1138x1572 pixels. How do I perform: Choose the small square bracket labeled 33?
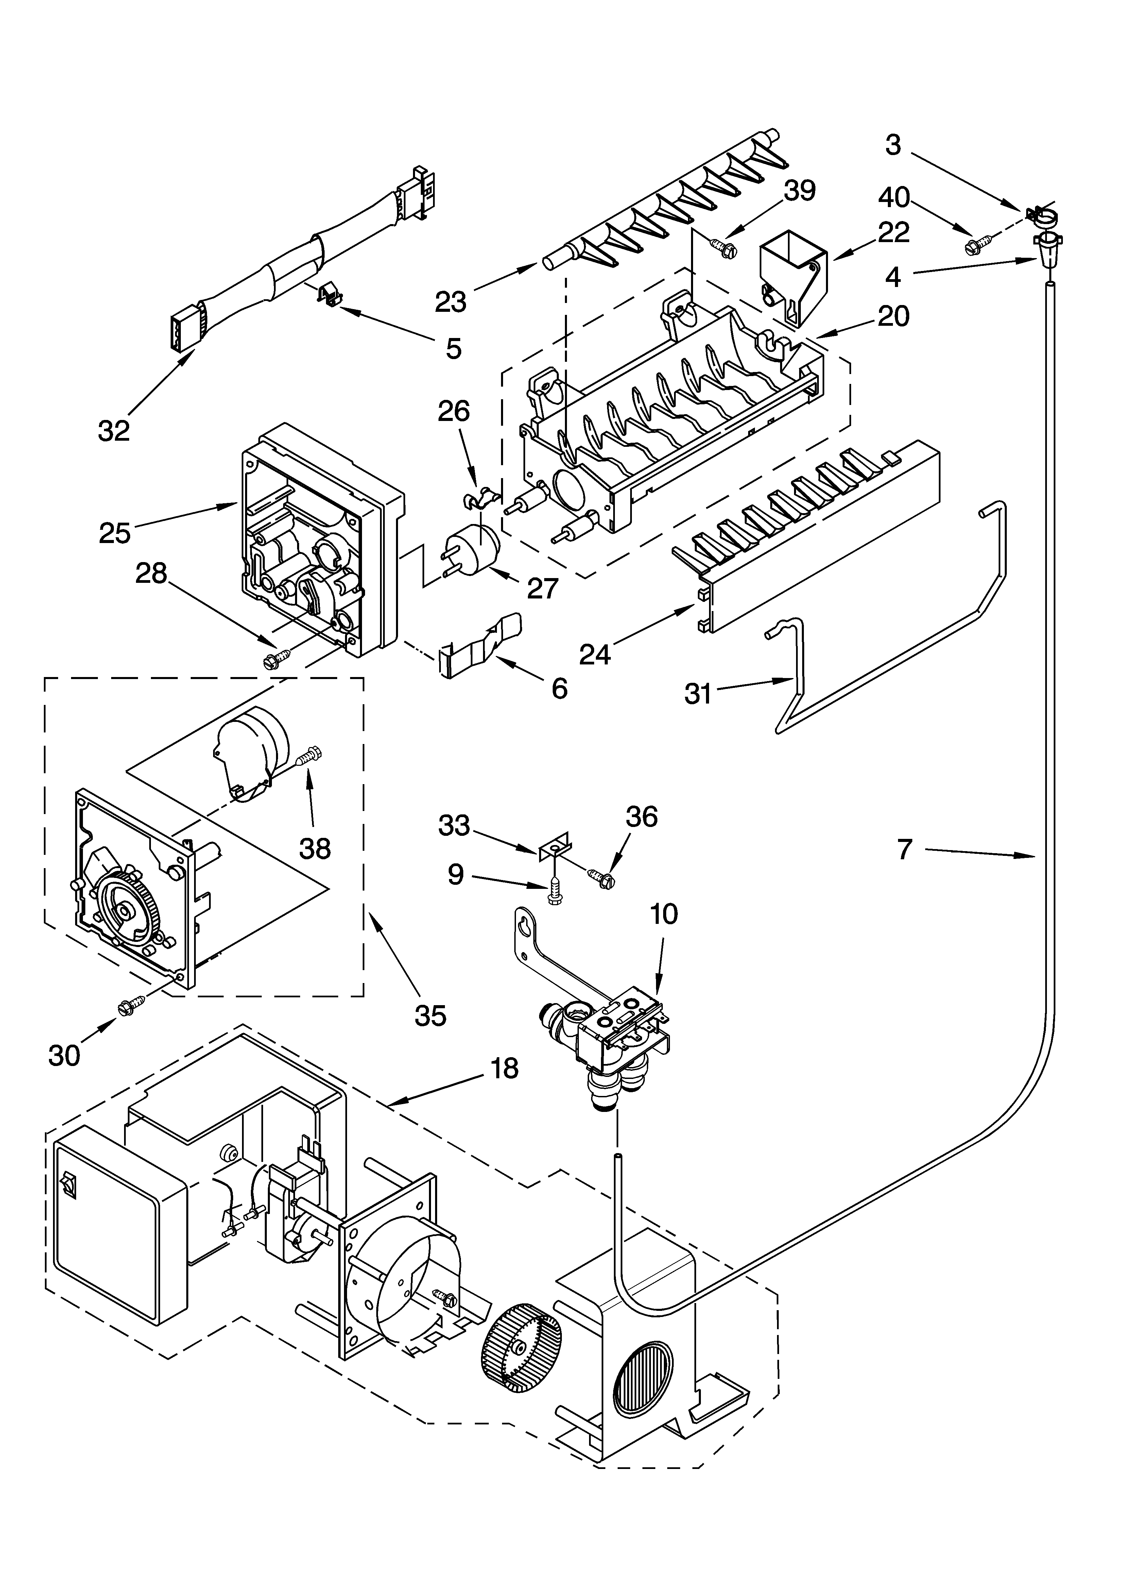554,847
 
